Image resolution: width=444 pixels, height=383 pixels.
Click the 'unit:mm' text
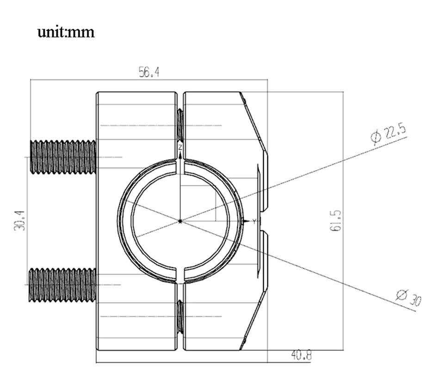point(66,32)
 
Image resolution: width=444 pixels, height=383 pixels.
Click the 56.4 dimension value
point(149,72)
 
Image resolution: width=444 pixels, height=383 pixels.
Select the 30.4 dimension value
point(19,220)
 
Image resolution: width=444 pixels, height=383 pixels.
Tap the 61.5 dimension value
point(336,221)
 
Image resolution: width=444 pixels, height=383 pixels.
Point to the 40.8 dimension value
point(301,355)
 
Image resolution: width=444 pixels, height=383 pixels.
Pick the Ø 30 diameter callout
point(409,298)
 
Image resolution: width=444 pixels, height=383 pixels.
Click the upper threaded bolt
point(63,157)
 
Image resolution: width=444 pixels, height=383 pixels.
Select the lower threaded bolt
point(62,285)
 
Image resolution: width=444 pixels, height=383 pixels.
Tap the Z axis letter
point(180,147)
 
